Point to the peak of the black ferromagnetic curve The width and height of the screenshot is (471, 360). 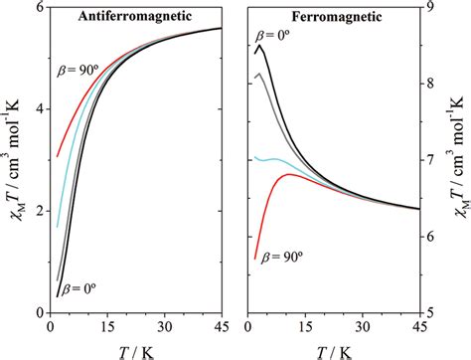tap(259, 46)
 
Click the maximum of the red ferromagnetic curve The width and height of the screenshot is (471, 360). tap(288, 174)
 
